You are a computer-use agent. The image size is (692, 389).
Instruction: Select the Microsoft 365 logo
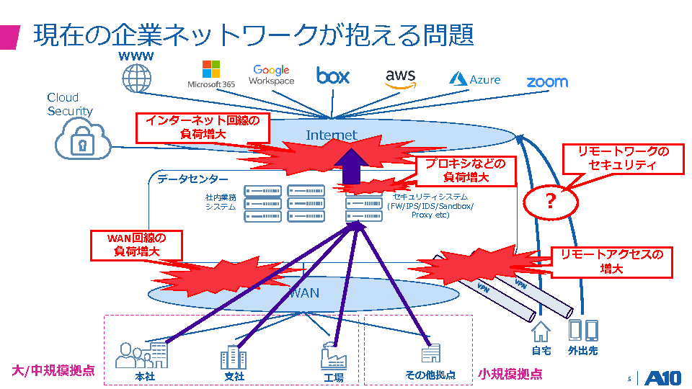pyautogui.click(x=211, y=74)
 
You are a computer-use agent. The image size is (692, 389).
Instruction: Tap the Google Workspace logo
pyautogui.click(x=272, y=74)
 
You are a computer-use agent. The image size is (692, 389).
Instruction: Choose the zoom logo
pyautogui.click(x=546, y=82)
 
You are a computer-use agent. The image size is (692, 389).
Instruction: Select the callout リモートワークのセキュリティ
pyautogui.click(x=624, y=158)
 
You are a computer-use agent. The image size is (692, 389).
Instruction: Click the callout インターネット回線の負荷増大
pyautogui.click(x=203, y=127)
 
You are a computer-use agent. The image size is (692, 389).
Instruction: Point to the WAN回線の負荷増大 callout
pyautogui.click(x=136, y=245)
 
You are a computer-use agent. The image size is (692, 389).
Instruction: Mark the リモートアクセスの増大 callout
pyautogui.click(x=611, y=261)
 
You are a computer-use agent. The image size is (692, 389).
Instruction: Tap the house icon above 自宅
pyautogui.click(x=541, y=331)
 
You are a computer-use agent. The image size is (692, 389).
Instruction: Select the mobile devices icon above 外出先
pyautogui.click(x=583, y=331)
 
